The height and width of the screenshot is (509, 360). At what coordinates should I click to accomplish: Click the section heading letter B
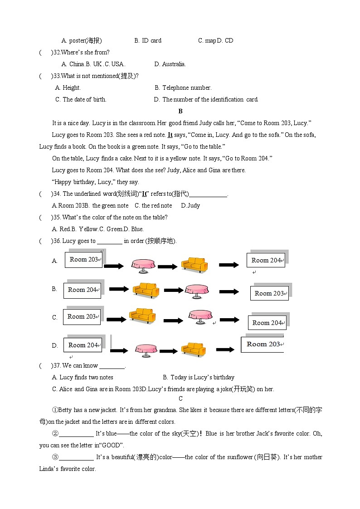(180, 111)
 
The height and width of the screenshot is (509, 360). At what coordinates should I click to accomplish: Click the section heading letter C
(180, 398)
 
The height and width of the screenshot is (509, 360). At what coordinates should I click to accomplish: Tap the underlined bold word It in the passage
(170, 135)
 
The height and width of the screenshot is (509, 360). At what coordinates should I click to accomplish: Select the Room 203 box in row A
(83, 260)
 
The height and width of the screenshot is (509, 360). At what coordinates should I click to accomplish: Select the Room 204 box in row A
(266, 260)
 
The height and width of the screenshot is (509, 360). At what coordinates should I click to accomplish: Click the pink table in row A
(143, 266)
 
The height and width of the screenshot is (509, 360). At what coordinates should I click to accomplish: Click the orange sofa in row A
(194, 265)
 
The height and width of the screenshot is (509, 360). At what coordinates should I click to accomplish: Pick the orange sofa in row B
(146, 290)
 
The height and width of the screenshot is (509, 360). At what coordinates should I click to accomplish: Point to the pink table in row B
(197, 291)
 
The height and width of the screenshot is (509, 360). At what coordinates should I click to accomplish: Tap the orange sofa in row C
(142, 315)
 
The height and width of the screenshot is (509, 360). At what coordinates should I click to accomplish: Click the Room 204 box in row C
(267, 323)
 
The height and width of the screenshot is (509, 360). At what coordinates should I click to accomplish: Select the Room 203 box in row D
(262, 344)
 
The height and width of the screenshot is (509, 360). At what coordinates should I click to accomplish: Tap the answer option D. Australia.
(170, 64)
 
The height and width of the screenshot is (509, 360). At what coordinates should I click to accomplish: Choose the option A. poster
(82, 40)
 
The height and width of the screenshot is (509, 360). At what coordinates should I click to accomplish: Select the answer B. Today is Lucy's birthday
(199, 377)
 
